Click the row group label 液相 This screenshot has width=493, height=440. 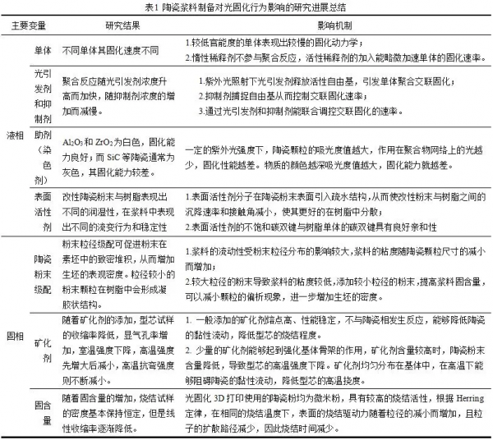[x=16, y=134]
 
